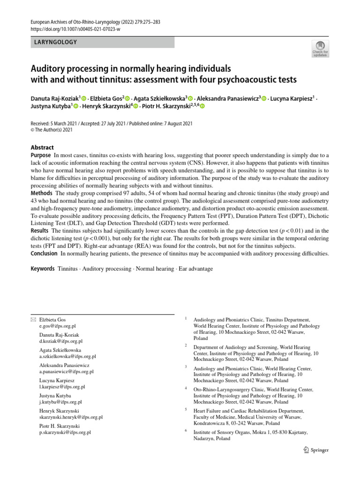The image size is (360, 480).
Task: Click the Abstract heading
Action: click(42, 147)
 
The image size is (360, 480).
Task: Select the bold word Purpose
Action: click(41, 155)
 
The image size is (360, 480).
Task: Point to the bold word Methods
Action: click(42, 193)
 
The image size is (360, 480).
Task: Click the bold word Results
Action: click(40, 231)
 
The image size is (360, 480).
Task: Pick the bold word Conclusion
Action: click(45, 254)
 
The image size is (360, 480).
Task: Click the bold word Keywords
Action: click(42, 269)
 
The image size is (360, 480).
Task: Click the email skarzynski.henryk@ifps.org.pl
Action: click(71, 417)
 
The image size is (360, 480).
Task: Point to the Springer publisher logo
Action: click(315, 450)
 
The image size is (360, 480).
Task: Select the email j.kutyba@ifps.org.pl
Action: click(60, 402)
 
